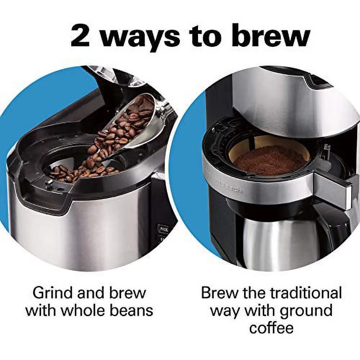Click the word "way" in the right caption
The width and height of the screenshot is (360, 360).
tap(225, 311)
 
